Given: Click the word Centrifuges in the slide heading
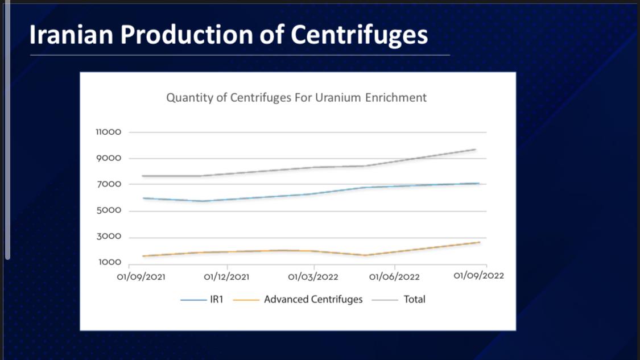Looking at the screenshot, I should pyautogui.click(x=359, y=35).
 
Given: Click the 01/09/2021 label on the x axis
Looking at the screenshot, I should pyautogui.click(x=142, y=277).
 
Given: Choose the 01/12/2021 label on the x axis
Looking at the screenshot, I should pyautogui.click(x=226, y=277).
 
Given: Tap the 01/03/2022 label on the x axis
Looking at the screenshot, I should pyautogui.click(x=313, y=277).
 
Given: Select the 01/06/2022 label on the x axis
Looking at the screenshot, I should pyautogui.click(x=395, y=277).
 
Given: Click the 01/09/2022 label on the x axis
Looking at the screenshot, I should pyautogui.click(x=478, y=276).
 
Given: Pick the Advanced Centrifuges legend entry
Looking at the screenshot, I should pyautogui.click(x=313, y=299).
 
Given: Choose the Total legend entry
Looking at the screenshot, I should pyautogui.click(x=414, y=299).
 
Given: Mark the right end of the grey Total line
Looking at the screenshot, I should pyautogui.click(x=475, y=150).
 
